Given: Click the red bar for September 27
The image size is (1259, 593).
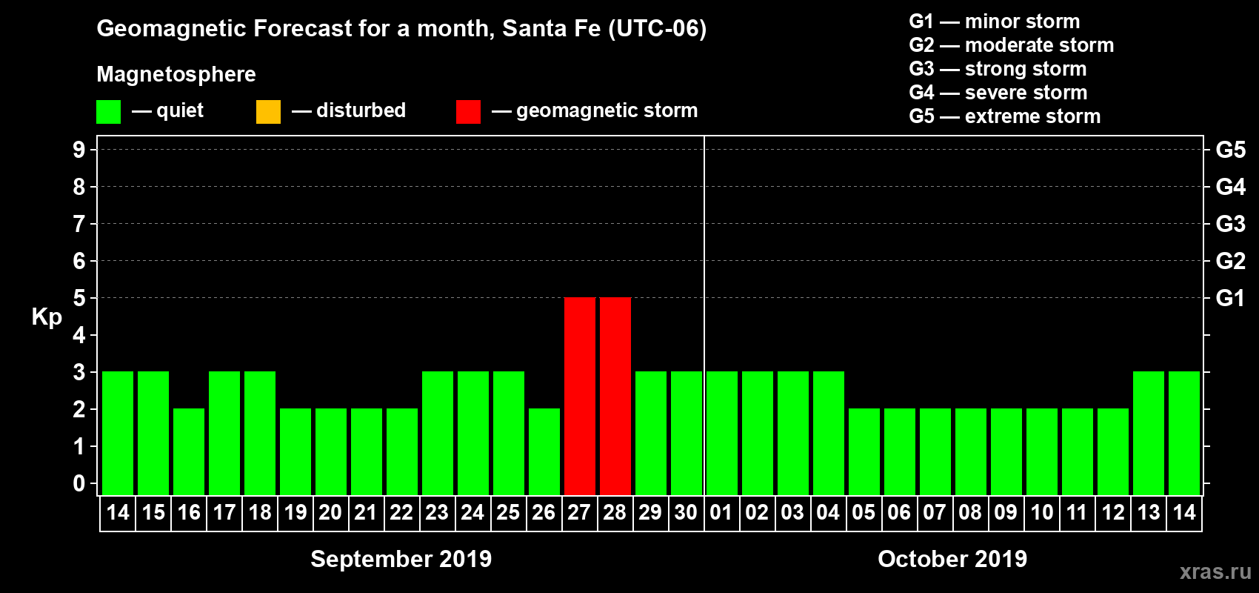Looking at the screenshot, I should pos(579,396).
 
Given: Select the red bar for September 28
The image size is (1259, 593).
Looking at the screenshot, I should pos(615,396).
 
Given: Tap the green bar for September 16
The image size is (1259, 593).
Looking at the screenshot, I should pos(189,451).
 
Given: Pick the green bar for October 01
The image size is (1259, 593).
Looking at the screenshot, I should pos(721,433).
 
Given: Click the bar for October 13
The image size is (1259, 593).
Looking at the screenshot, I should pos(1148,433).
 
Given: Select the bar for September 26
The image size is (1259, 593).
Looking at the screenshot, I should pos(544,451).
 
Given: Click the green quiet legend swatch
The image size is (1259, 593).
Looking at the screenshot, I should pos(108,112).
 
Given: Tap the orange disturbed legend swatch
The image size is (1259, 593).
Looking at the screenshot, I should pos(268,112).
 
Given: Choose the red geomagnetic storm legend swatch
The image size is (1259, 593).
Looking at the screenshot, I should pos(468,112).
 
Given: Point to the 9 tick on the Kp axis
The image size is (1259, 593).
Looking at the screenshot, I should pos(79,150).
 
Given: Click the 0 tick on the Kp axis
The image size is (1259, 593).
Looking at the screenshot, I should pos(79,484).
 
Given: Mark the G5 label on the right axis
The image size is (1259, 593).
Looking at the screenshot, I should pos(1230,150).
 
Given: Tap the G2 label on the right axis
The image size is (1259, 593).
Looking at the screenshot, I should pos(1230,261).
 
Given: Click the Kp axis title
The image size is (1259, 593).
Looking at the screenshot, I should pos(47,317).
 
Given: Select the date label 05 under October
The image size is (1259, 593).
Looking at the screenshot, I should pos(864,512).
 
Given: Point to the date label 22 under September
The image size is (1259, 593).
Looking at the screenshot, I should pos(401,512).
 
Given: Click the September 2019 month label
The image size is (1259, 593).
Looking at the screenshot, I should pos(401,559).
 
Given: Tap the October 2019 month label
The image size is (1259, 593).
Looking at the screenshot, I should pos(952,559).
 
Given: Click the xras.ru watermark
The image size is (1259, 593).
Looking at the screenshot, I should pos(1215,572).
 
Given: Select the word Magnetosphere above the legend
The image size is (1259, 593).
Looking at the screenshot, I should pos(176,74).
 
